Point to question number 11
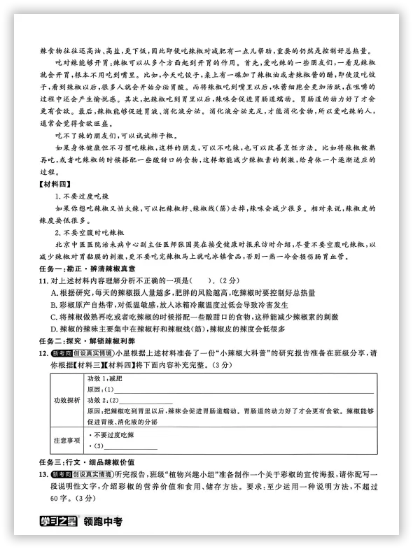click(43, 280)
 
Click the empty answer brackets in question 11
click(194, 280)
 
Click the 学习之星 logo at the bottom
click(59, 520)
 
